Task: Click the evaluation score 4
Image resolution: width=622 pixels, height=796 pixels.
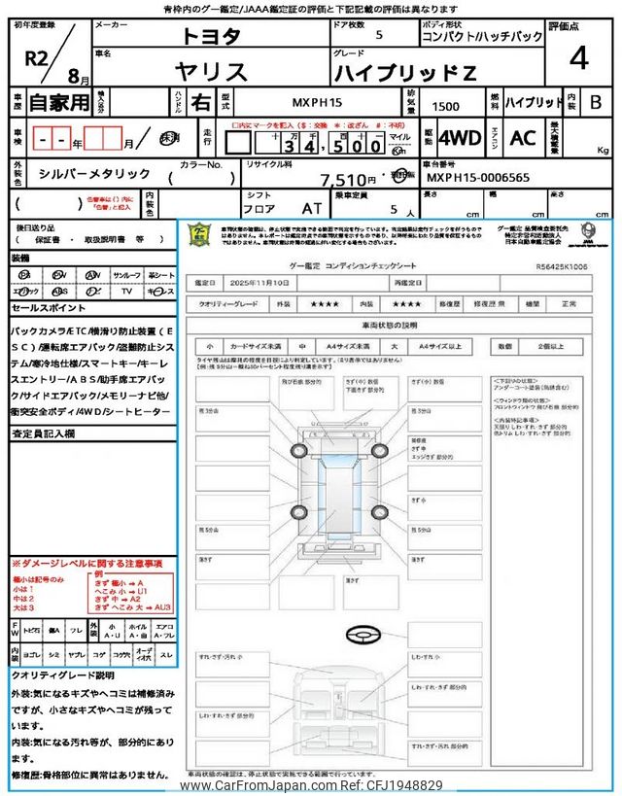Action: [x=579, y=59]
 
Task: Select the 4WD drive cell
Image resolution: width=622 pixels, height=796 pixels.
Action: [x=460, y=138]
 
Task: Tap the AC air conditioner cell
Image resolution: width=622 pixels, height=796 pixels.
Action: [x=523, y=138]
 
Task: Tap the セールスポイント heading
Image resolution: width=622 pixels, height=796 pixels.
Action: [x=48, y=308]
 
